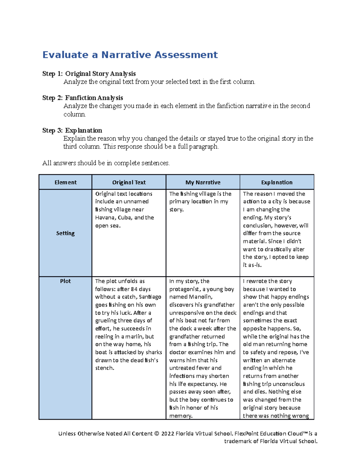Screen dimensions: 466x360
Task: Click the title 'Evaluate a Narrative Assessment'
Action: (130, 55)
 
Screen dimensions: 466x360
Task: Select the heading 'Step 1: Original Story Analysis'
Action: (89, 74)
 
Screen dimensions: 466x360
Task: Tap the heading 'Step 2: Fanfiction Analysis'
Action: (82, 98)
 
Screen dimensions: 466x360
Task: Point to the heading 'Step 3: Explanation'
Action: (72, 131)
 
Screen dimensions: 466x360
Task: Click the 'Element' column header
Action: (65, 182)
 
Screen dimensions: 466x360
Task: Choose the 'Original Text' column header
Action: (129, 182)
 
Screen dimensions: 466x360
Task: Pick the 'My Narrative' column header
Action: (203, 182)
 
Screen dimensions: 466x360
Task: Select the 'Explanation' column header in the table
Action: (277, 182)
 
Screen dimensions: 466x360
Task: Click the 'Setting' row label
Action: (65, 233)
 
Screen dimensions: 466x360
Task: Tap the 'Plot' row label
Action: (65, 281)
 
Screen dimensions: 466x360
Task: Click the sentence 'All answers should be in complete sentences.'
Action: (106, 163)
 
